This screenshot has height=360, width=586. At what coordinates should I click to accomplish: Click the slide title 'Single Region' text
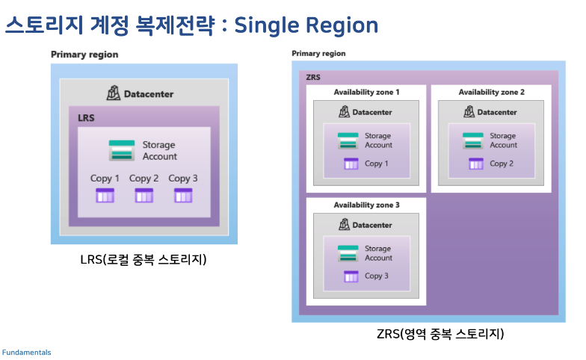click(x=306, y=25)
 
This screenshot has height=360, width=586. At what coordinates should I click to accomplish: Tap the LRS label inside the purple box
click(x=87, y=118)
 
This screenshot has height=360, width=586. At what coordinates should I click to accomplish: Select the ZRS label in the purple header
click(x=314, y=77)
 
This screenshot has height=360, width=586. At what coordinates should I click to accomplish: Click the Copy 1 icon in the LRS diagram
click(x=105, y=196)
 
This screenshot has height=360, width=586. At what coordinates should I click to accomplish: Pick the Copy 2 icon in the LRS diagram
click(x=144, y=196)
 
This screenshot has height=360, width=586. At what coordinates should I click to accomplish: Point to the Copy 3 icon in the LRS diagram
click(x=183, y=196)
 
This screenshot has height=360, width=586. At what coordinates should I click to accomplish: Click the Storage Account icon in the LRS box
click(x=122, y=150)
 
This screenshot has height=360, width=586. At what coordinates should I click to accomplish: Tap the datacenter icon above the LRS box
click(x=112, y=93)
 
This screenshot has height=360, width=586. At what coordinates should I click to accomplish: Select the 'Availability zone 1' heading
click(x=366, y=92)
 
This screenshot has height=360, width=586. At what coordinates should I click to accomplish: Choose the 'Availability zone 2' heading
click(x=491, y=92)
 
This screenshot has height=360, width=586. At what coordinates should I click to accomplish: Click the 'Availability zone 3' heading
click(x=366, y=205)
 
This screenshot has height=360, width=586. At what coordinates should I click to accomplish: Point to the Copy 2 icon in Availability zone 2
click(x=475, y=164)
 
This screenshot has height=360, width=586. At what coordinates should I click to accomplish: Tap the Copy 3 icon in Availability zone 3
click(x=351, y=276)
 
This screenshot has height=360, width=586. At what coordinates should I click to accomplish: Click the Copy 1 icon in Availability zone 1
click(x=351, y=164)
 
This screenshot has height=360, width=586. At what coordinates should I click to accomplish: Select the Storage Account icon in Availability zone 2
click(x=472, y=140)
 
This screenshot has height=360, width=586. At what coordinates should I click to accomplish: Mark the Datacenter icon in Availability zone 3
click(x=344, y=225)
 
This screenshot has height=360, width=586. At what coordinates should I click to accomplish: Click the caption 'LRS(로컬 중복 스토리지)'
click(x=144, y=260)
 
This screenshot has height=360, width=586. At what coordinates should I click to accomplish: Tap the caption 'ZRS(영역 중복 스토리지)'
click(x=440, y=333)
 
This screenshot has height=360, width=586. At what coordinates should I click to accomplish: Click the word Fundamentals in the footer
click(x=26, y=352)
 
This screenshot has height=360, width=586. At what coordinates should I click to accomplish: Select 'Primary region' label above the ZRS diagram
click(x=318, y=54)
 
